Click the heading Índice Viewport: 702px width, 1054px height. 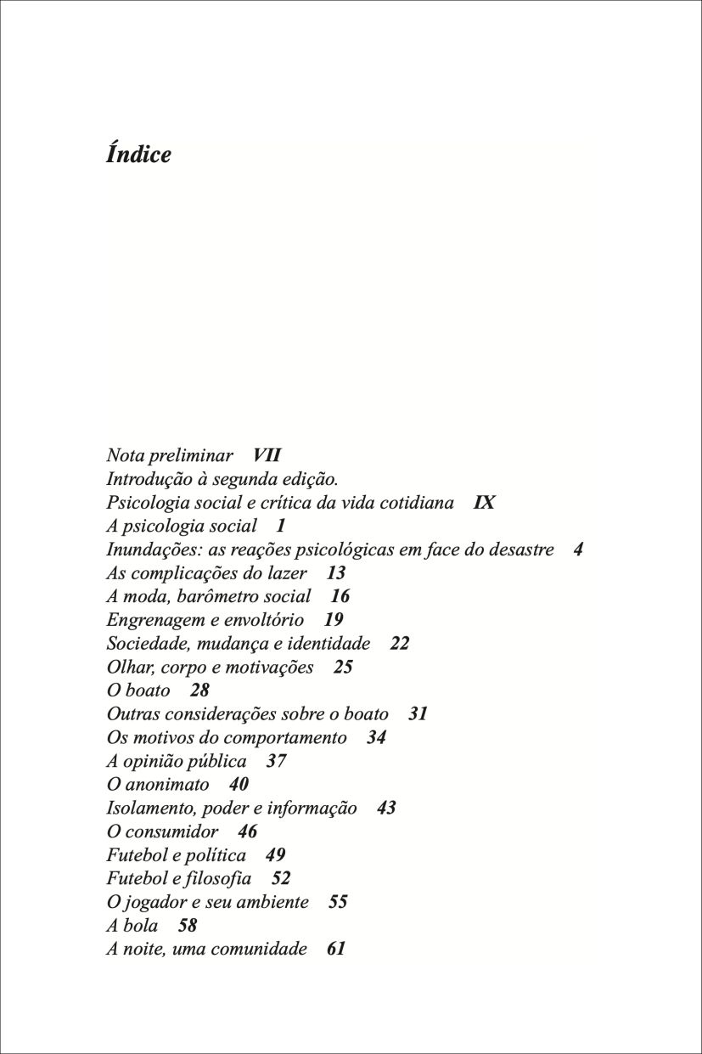point(138,155)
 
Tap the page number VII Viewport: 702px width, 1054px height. point(267,455)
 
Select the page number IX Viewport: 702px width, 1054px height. point(484,503)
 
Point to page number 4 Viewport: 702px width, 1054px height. point(578,550)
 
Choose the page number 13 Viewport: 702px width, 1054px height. point(336,573)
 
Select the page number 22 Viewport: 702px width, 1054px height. point(400,644)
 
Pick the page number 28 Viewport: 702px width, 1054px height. point(199,690)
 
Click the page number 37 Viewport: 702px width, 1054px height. point(276,761)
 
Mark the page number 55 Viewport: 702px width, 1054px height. point(338,902)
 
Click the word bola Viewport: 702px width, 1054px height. point(143,926)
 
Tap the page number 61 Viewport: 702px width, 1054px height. point(336,949)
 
